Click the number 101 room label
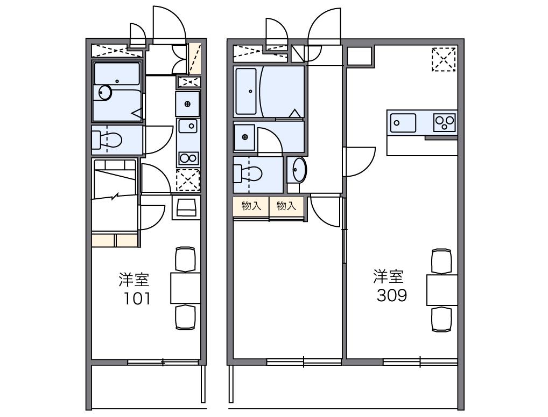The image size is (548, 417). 137,299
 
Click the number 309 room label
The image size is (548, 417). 392,296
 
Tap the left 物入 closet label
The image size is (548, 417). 251,206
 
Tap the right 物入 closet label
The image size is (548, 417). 286,206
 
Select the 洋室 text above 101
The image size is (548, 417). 134,280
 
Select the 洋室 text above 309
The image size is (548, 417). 388,276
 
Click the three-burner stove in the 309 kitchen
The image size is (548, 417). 445,122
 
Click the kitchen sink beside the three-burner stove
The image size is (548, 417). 403,123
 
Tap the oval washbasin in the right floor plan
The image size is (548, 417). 299,170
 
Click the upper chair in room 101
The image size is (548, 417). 185,259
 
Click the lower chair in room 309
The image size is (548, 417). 442,319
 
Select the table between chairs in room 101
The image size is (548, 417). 186,288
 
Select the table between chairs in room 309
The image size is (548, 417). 442,290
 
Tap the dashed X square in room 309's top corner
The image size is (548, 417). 444,59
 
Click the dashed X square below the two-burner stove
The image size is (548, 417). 188,180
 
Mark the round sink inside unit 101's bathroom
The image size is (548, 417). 105,93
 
